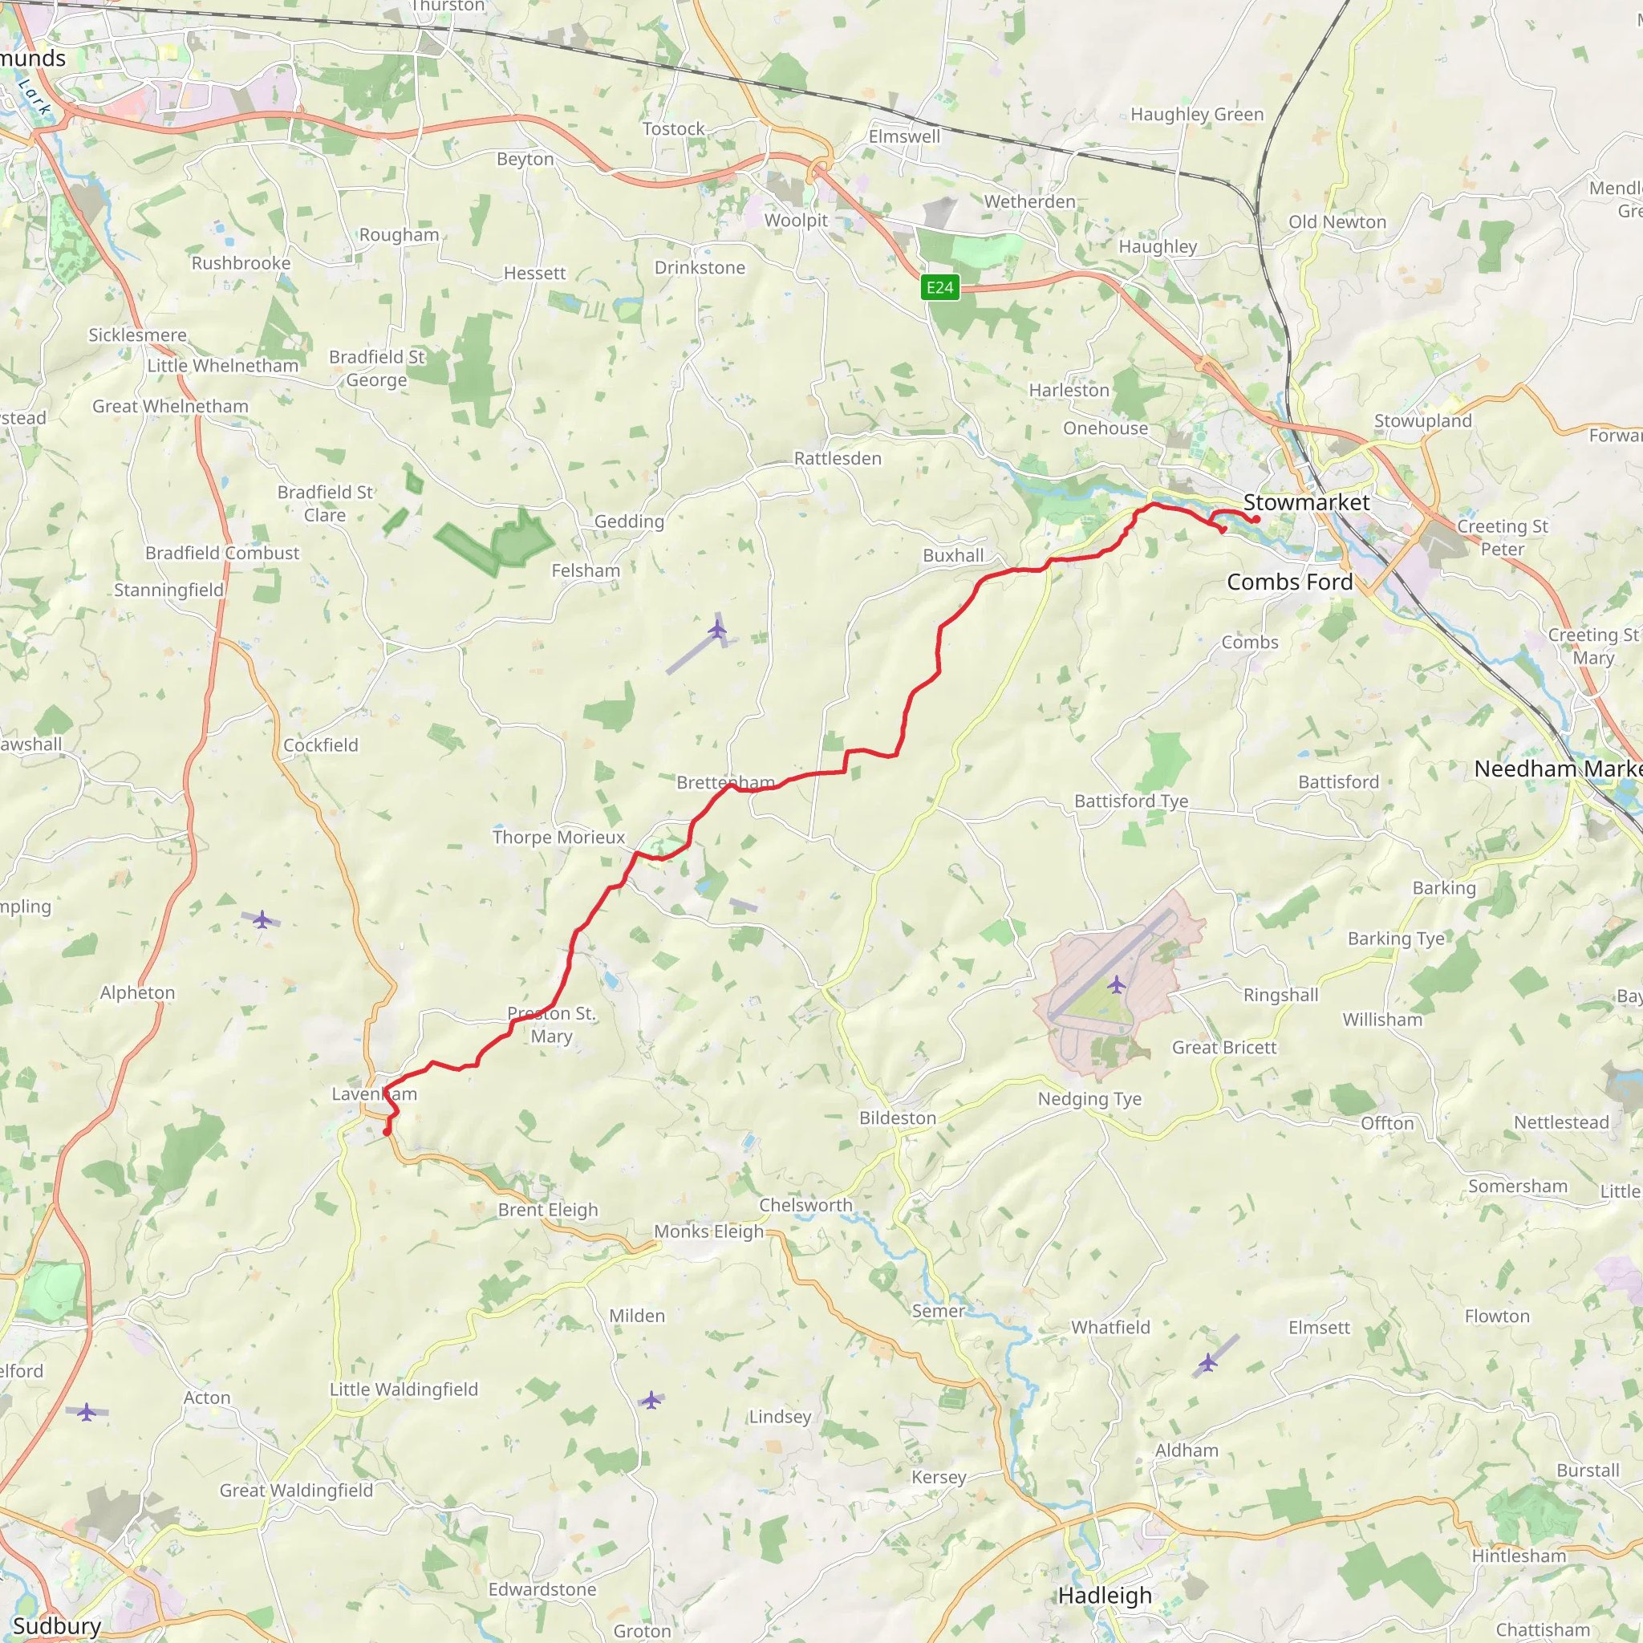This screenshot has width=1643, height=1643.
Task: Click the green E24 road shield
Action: [939, 287]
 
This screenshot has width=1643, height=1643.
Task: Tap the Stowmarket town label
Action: [1306, 502]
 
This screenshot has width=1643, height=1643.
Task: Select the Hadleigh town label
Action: [1105, 1596]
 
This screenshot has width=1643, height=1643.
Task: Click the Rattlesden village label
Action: [838, 458]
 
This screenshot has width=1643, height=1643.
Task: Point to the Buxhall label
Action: [952, 555]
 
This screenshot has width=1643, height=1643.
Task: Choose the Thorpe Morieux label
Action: [558, 837]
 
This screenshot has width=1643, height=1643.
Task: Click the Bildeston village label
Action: [897, 1118]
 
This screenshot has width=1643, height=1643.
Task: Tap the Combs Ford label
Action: [1289, 582]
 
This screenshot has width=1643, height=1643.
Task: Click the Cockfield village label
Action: [321, 745]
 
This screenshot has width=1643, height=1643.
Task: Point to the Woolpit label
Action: [795, 221]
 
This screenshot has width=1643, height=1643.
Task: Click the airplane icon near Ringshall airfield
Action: [1117, 985]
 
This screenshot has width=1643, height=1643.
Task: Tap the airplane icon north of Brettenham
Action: [718, 629]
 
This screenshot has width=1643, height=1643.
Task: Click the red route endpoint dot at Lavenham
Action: [387, 1132]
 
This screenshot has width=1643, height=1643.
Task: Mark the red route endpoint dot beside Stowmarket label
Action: [1256, 520]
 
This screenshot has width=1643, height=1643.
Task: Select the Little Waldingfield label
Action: [404, 1389]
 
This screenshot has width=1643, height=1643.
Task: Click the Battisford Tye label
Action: [1131, 801]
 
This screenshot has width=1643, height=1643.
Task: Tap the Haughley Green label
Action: [1196, 114]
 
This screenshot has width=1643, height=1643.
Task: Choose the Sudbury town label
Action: [56, 1626]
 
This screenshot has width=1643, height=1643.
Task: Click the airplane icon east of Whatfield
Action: [1207, 1363]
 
